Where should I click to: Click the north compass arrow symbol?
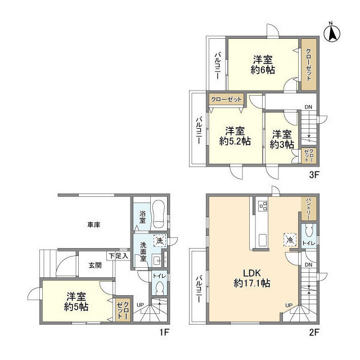(x=332, y=32)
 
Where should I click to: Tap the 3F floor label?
(x=313, y=174)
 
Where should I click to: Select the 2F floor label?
(x=313, y=332)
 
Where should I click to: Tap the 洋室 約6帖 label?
(x=263, y=65)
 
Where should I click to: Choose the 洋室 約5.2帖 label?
(x=235, y=135)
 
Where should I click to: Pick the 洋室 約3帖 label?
(x=282, y=139)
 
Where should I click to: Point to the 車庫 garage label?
(x=93, y=225)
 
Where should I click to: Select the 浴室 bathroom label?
(x=142, y=217)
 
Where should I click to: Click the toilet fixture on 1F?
(x=159, y=288)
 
